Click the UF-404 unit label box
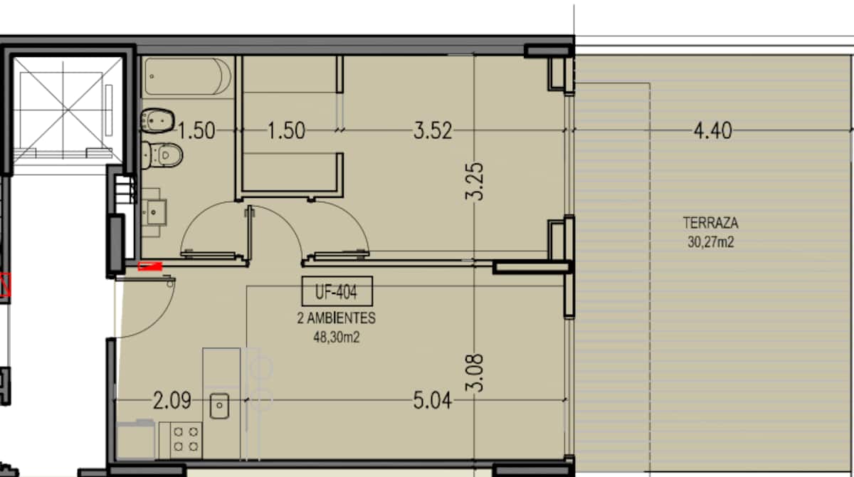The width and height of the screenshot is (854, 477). [337, 291]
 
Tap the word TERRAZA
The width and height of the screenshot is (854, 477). [710, 223]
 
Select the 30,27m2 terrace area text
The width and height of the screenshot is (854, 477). [711, 242]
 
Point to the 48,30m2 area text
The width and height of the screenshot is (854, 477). [336, 337]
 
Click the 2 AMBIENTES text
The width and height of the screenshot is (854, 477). [336, 318]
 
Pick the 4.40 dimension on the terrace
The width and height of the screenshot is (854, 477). [712, 130]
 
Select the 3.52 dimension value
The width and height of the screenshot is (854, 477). [433, 130]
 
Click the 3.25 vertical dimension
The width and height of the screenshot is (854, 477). [474, 182]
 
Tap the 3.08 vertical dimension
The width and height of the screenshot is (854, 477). [474, 373]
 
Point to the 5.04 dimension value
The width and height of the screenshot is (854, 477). [433, 401]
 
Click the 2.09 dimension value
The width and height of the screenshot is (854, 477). [172, 401]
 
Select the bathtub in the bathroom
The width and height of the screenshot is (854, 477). [188, 76]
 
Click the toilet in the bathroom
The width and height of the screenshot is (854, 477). [162, 155]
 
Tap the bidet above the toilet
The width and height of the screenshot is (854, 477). [157, 121]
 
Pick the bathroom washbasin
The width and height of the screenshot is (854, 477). [154, 212]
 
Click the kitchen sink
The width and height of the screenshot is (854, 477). [220, 406]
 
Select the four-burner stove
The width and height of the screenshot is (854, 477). [181, 440]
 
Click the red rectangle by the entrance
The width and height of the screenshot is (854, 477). [150, 266]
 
